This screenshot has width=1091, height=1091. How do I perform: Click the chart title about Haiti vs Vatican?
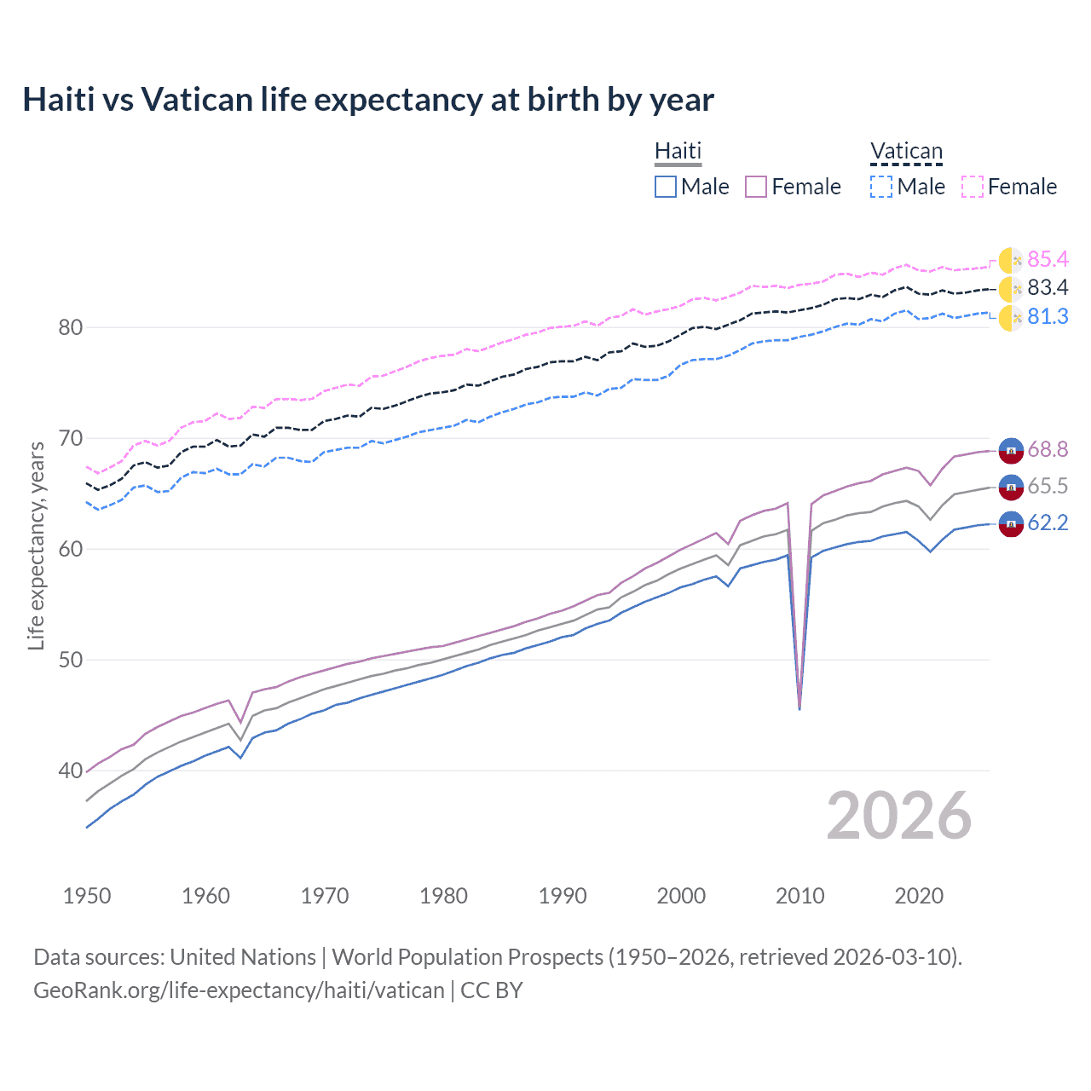pyautogui.click(x=367, y=100)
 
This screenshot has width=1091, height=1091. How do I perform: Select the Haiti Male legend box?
pyautogui.click(x=666, y=187)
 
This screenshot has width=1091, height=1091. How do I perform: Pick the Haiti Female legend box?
pyautogui.click(x=756, y=187)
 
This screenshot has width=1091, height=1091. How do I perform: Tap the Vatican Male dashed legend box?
pyautogui.click(x=881, y=187)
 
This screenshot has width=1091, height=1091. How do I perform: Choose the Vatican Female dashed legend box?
pyautogui.click(x=973, y=187)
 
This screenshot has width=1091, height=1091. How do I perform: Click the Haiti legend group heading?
pyautogui.click(x=678, y=152)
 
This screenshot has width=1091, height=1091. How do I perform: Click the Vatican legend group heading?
pyautogui.click(x=906, y=152)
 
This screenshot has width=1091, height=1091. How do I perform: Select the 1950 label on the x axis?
pyautogui.click(x=87, y=896)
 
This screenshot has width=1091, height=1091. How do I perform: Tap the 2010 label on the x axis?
pyautogui.click(x=799, y=896)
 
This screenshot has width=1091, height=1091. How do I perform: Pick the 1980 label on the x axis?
pyautogui.click(x=443, y=896)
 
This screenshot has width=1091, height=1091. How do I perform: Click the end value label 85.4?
pyautogui.click(x=1048, y=259)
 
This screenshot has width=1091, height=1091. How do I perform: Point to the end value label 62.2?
pyautogui.click(x=1048, y=522)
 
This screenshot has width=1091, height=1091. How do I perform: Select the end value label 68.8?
pyautogui.click(x=1048, y=449)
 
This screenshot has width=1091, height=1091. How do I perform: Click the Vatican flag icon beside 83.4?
pyautogui.click(x=1010, y=289)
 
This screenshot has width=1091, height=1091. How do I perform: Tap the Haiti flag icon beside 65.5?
pyautogui.click(x=1010, y=487)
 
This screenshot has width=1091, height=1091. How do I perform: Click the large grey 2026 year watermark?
pyautogui.click(x=898, y=816)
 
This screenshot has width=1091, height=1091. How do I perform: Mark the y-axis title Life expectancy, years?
pyautogui.click(x=37, y=545)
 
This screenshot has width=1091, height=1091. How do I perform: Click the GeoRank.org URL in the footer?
pyautogui.click(x=239, y=990)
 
